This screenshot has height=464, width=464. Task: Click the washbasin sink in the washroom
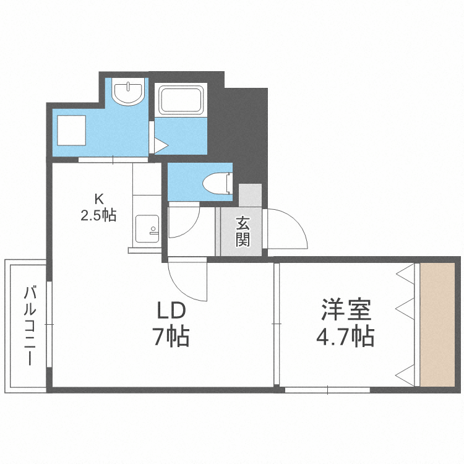[x=128, y=93]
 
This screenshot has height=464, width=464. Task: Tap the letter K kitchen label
[x=98, y=199]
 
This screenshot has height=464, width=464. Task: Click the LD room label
[x=171, y=309]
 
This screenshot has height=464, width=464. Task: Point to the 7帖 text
[x=171, y=337]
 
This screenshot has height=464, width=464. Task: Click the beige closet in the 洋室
[x=438, y=325]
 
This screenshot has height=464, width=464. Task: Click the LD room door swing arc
[x=186, y=278]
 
